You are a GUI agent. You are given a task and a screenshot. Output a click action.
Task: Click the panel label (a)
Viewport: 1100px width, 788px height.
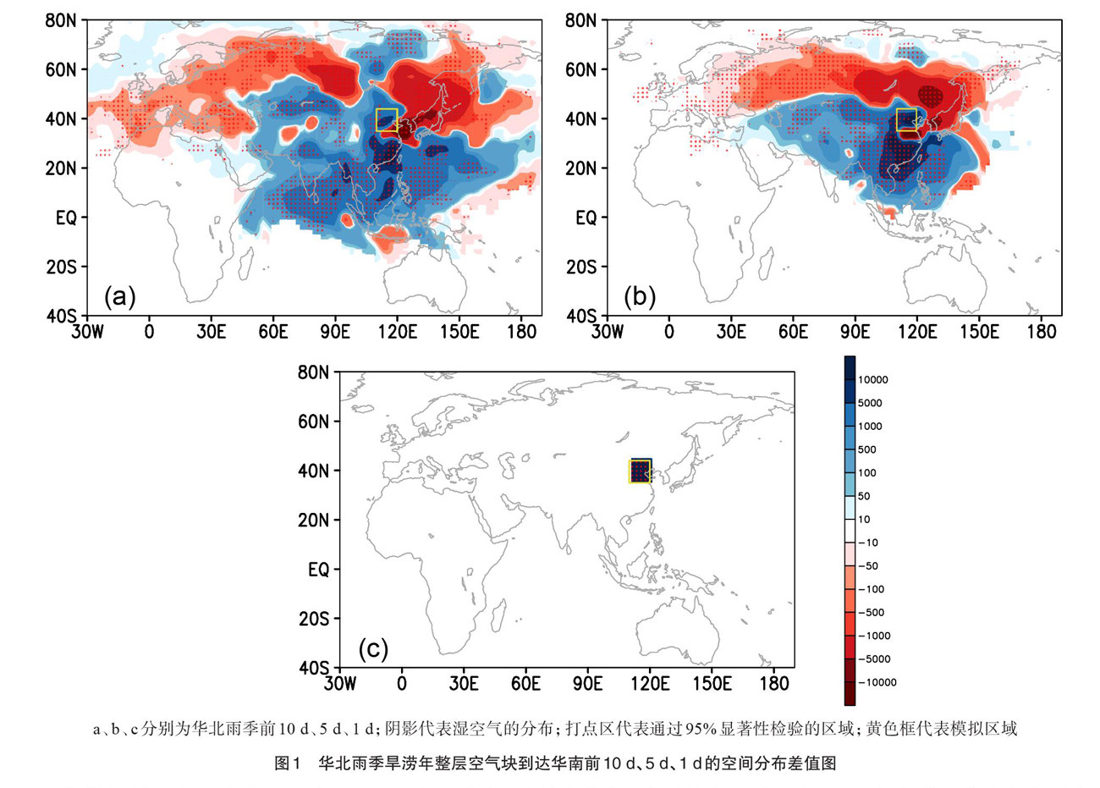pos(119,297)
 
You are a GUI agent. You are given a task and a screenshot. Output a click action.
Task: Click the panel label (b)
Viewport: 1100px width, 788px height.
pos(639,297)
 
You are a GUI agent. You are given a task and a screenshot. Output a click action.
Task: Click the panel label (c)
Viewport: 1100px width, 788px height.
pos(373,649)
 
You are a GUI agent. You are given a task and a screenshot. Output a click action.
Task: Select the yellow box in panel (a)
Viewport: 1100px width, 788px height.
pos(387,119)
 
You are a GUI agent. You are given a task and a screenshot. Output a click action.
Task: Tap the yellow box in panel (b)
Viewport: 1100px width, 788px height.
pos(906,119)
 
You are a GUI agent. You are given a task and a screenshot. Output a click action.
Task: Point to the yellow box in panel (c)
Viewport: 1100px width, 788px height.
pos(640,471)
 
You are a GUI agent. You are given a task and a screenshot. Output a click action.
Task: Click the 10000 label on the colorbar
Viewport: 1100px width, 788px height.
pos(872,380)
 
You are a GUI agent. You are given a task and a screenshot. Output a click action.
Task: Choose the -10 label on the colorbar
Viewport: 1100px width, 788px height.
pos(868,543)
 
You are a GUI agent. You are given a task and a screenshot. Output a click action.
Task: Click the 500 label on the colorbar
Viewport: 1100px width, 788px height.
pos(867,449)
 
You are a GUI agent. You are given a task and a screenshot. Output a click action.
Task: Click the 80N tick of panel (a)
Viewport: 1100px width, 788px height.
pos(61,21)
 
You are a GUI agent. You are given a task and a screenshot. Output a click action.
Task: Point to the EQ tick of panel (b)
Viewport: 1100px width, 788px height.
pos(586,218)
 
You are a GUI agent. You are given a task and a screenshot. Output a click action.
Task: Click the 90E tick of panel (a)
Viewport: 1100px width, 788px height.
pos(335,331)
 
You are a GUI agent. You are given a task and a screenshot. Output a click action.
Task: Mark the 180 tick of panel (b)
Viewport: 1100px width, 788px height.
pos(1042,331)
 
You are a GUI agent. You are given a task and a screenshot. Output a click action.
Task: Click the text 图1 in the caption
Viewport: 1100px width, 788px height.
pos(288,763)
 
